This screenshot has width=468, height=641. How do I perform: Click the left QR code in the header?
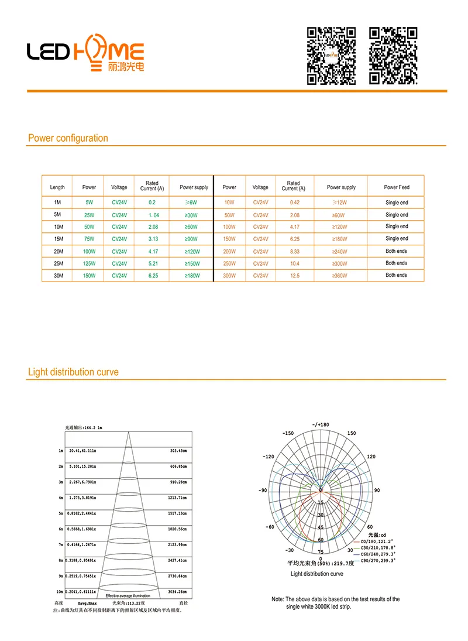[332, 56]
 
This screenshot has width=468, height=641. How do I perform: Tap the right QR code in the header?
[393, 56]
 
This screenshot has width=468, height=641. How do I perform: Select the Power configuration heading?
[68, 138]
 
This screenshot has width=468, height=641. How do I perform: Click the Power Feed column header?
[396, 187]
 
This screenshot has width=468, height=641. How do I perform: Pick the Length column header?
[57, 187]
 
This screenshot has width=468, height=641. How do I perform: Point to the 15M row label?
[57, 239]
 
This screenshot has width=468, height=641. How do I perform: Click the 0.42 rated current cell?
[293, 203]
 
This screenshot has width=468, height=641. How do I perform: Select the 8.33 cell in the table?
[293, 251]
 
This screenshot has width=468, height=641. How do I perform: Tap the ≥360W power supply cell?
[340, 276]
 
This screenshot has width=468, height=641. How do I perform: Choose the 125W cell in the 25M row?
[89, 263]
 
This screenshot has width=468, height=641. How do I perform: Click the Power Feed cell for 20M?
[396, 251]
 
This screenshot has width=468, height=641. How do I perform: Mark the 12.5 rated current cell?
[293, 276]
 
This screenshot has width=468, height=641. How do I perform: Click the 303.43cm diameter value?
[178, 451]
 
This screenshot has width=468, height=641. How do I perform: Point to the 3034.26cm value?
[177, 592]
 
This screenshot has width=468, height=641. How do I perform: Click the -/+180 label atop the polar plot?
[321, 424]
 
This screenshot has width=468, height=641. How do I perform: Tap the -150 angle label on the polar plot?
[288, 434]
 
